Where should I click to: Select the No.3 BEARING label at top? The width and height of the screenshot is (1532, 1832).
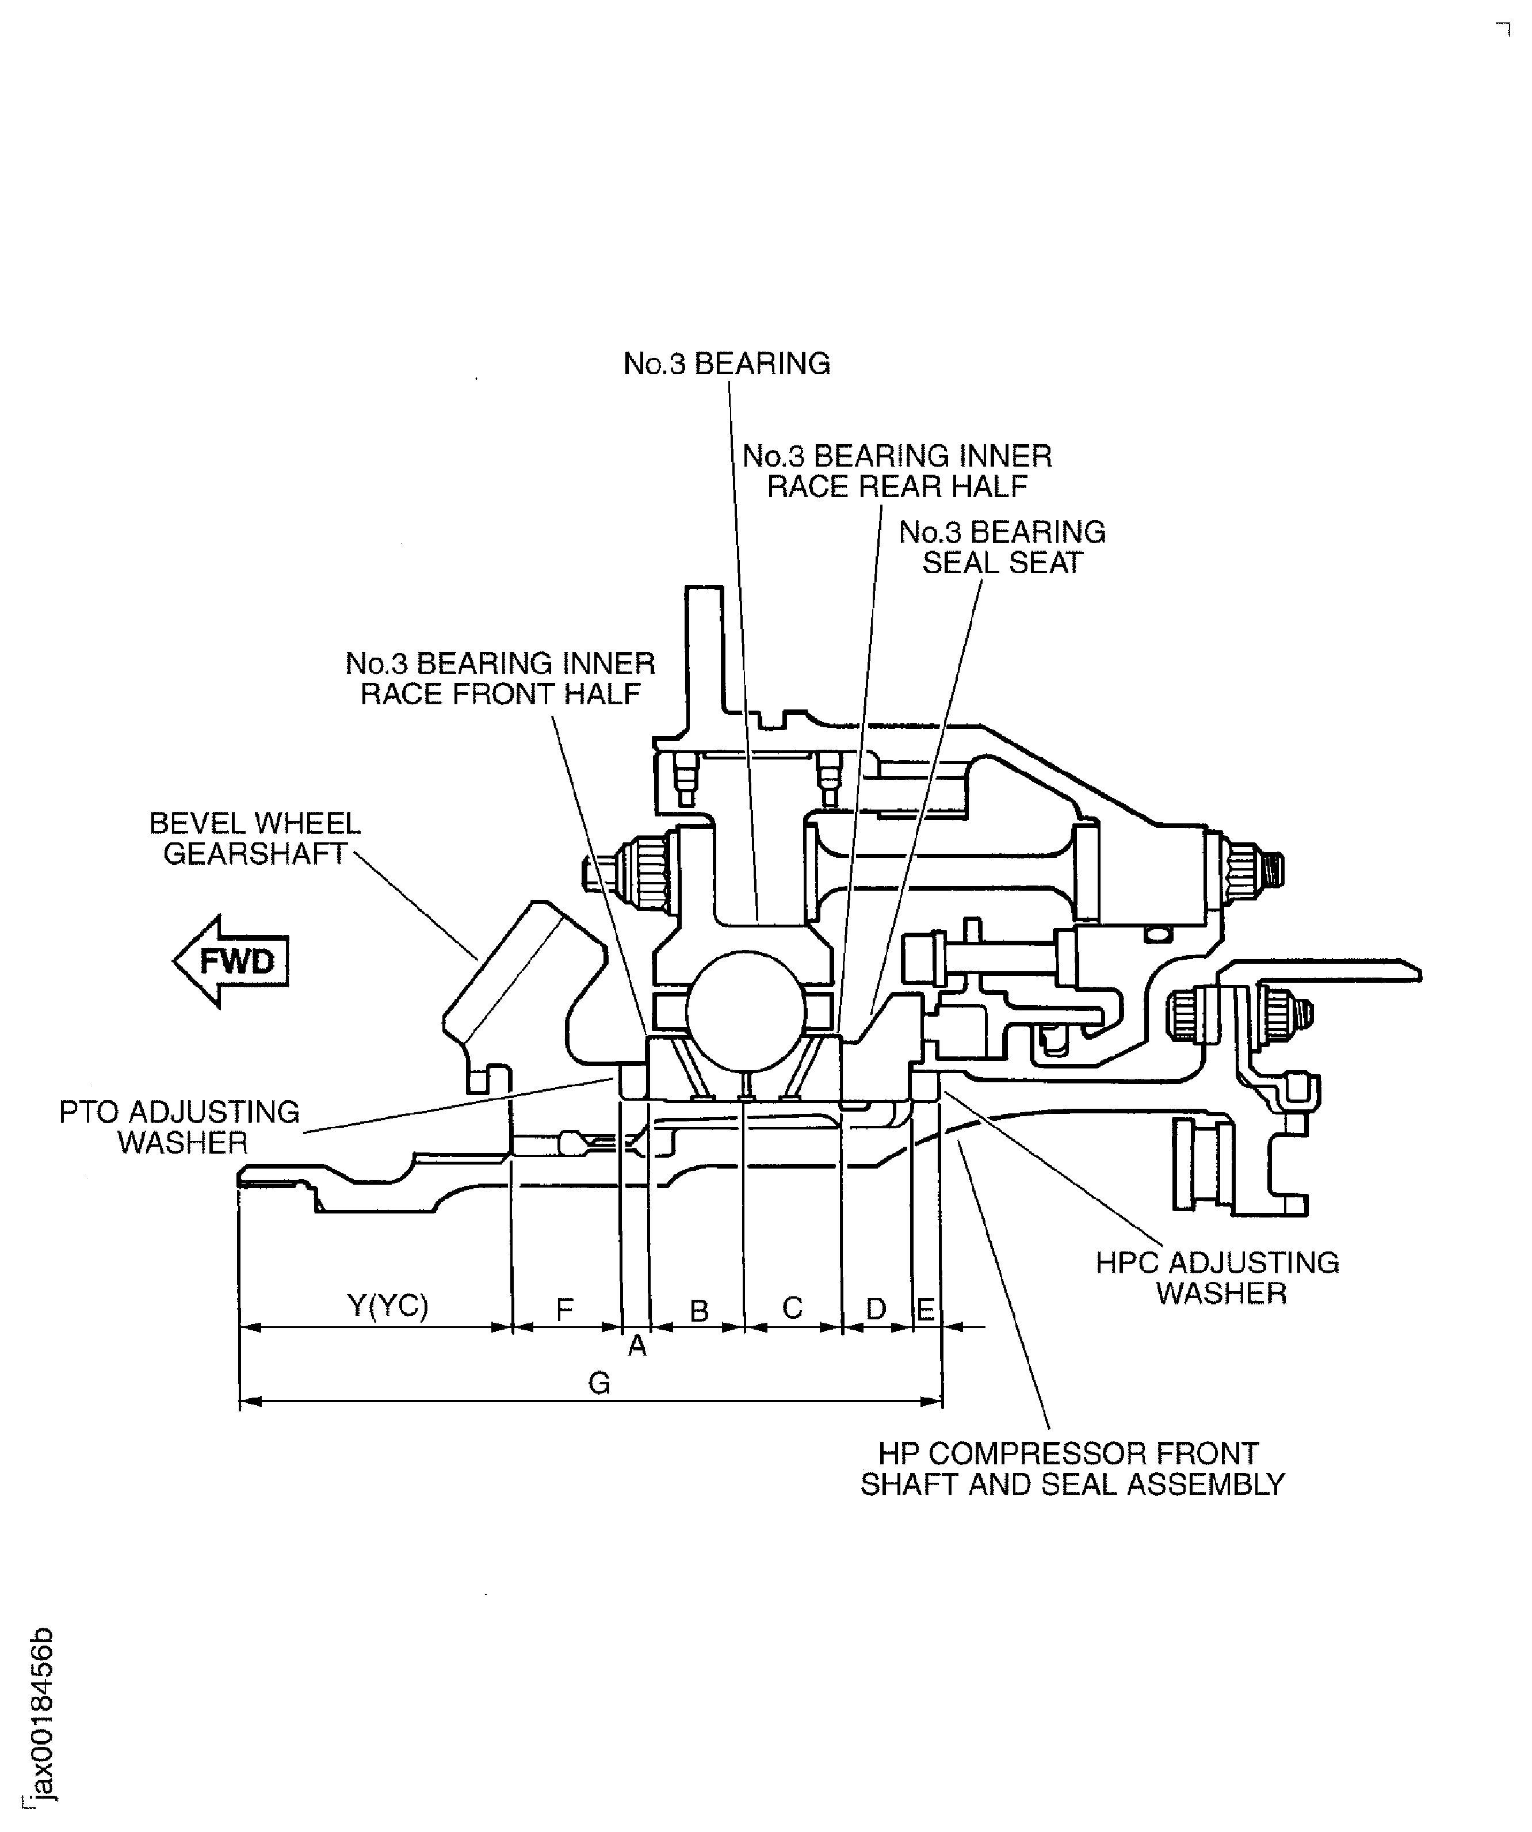click(726, 364)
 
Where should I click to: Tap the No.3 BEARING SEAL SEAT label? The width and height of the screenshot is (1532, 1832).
click(1002, 547)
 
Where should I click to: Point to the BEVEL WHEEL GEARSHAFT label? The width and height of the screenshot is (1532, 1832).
click(255, 838)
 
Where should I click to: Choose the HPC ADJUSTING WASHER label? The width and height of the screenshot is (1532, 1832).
click(1218, 1277)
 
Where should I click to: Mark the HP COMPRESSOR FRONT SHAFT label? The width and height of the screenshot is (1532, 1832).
click(1072, 1468)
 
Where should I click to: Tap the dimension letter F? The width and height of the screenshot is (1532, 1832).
click(564, 1308)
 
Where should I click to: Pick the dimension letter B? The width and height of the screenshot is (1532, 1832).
click(699, 1310)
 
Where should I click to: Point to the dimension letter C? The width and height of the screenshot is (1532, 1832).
click(791, 1308)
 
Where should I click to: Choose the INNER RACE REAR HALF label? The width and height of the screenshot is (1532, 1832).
click(897, 471)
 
